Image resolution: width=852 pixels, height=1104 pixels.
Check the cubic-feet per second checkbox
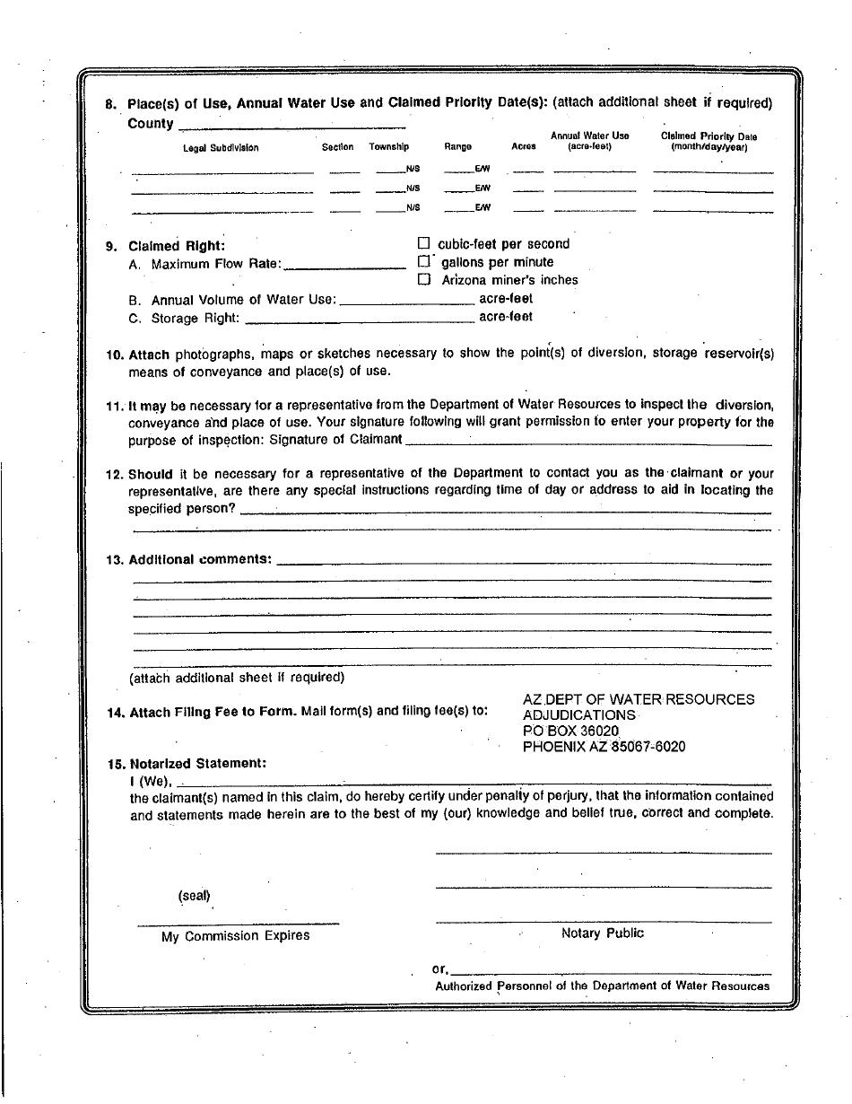(x=424, y=243)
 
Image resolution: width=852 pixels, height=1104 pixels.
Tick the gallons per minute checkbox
(x=424, y=261)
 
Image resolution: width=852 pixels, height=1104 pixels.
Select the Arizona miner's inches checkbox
(x=424, y=279)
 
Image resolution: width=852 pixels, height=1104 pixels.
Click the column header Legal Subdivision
(x=221, y=147)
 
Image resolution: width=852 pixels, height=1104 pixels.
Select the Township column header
(x=389, y=147)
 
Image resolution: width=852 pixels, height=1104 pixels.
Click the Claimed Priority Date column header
(x=709, y=141)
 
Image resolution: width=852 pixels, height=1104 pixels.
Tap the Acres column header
(x=523, y=147)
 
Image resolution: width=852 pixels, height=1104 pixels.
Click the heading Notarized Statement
(x=197, y=764)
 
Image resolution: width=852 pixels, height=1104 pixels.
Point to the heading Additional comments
(x=200, y=559)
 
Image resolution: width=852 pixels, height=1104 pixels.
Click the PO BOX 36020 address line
(x=570, y=731)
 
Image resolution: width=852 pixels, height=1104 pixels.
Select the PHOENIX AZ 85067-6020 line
(x=604, y=747)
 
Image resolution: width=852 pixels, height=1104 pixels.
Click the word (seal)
(x=194, y=896)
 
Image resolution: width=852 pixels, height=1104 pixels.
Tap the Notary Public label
(x=602, y=933)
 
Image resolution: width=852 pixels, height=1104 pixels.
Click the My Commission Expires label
(x=235, y=936)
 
